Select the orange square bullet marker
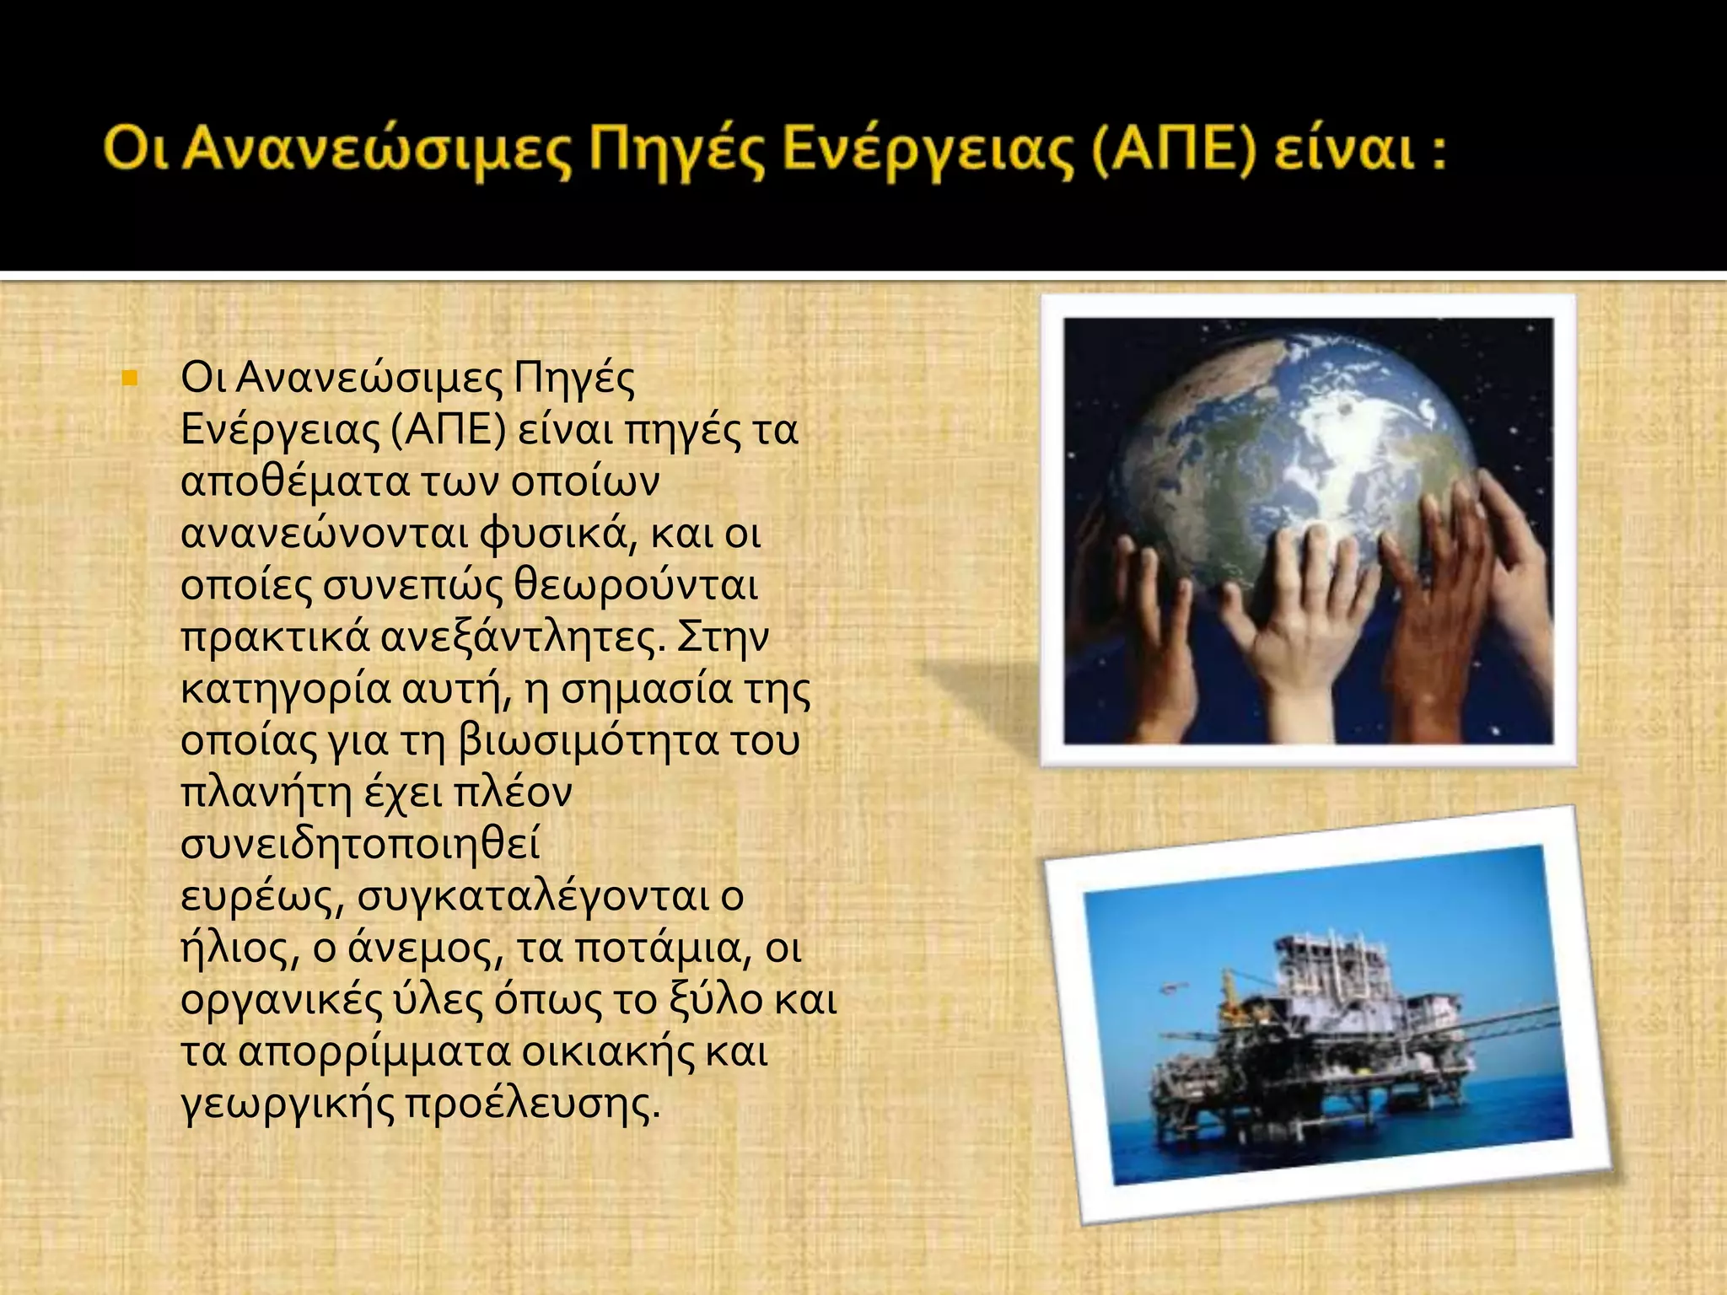(x=129, y=378)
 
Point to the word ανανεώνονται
(x=324, y=535)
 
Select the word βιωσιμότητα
(x=587, y=741)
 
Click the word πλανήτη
(x=266, y=793)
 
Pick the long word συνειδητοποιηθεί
(x=360, y=845)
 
